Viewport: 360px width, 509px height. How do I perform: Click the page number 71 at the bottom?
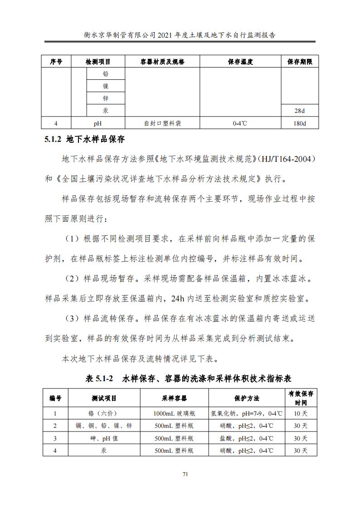tap(185, 474)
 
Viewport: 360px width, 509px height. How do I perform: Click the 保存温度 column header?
tap(240, 62)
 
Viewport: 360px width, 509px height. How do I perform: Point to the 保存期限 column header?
tap(300, 62)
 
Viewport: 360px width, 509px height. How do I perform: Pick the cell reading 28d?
tap(300, 111)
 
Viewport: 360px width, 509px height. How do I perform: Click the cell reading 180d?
tap(300, 123)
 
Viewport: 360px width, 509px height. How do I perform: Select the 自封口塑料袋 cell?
tap(162, 123)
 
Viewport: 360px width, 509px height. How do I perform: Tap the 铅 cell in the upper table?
tap(106, 74)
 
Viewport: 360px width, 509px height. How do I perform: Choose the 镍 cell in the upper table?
tap(106, 86)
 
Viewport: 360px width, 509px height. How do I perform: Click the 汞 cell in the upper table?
tap(106, 111)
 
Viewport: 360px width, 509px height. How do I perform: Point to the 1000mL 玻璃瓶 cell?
tap(174, 413)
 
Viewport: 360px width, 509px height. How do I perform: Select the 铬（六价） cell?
tap(104, 413)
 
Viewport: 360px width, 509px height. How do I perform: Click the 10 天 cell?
tap(300, 413)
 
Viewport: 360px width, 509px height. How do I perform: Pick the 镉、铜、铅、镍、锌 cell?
tap(104, 426)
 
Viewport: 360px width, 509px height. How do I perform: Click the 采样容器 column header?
tap(174, 398)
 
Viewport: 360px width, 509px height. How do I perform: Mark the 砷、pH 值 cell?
tap(104, 438)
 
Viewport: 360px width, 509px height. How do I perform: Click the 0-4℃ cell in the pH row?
tap(240, 123)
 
